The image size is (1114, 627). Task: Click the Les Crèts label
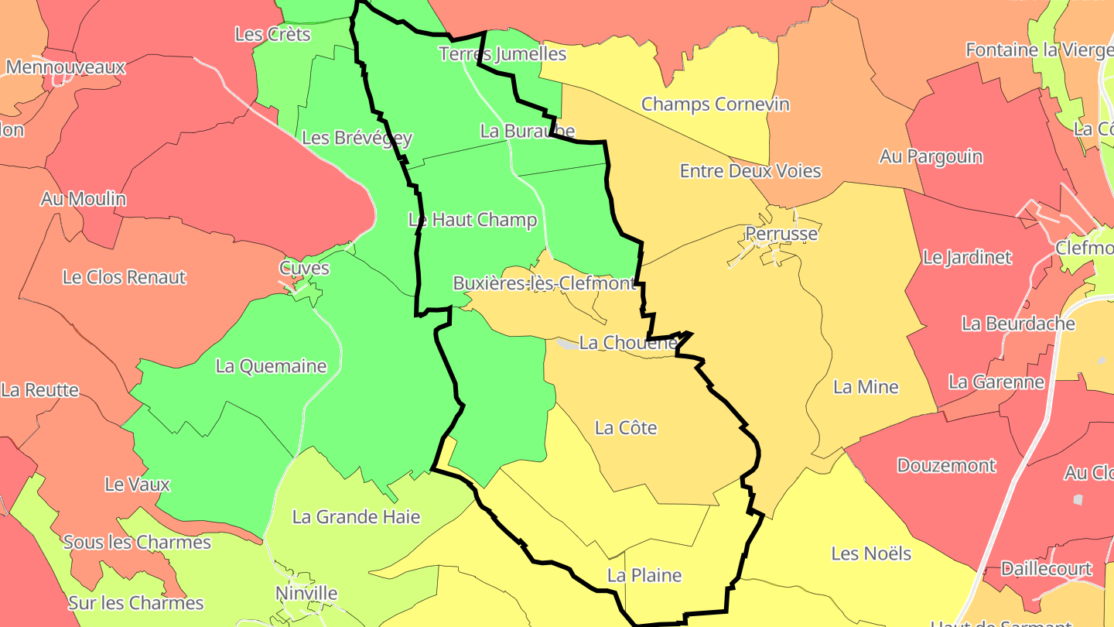point(272,34)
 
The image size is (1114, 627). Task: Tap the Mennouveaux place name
point(65,67)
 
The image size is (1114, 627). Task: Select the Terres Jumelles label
point(502,53)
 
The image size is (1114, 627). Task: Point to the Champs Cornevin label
point(715,104)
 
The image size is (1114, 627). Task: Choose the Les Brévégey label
point(357,138)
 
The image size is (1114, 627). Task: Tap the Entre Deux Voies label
point(750,171)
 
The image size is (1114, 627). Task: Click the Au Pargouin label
point(931,156)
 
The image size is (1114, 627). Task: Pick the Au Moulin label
point(84,199)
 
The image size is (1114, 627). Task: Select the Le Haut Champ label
point(472,220)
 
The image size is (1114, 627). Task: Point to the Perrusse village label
point(781,233)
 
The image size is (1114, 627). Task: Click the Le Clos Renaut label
point(124,277)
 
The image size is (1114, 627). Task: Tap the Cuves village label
point(304,269)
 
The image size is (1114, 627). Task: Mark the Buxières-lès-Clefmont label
point(544,283)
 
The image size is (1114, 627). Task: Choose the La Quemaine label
point(271,366)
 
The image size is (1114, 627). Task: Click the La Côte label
point(625,427)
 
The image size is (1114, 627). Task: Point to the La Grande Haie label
point(356,516)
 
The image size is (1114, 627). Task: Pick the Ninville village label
point(306,594)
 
